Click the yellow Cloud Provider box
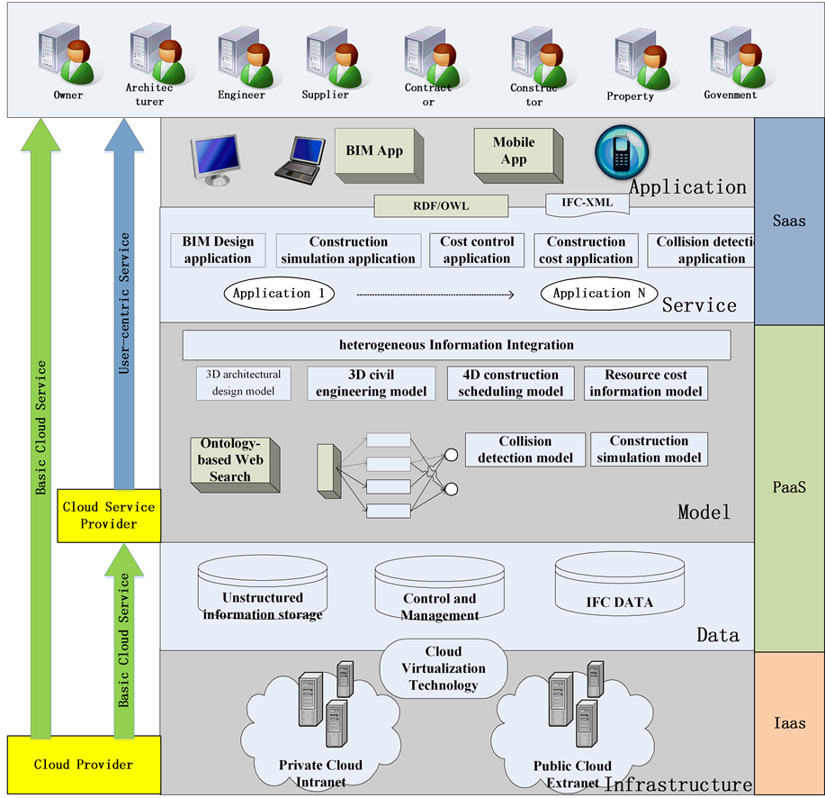tap(83, 765)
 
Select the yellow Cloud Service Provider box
tap(108, 515)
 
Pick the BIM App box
tap(373, 151)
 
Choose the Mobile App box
tap(514, 151)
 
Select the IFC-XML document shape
tap(587, 204)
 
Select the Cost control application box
tap(477, 250)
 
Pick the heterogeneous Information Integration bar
tap(456, 345)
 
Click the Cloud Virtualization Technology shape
tap(444, 669)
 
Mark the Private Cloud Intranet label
tap(320, 773)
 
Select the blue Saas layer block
tap(789, 221)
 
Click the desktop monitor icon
tap(216, 159)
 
